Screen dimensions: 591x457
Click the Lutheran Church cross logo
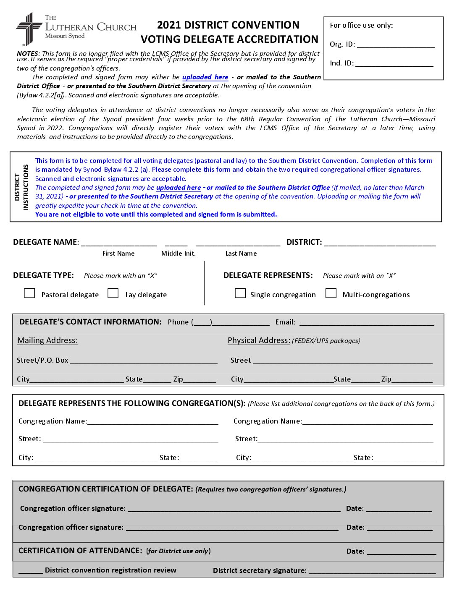[x=29, y=29]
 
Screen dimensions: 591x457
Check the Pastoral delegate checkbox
[x=29, y=293]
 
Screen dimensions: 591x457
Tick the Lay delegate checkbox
[x=113, y=293]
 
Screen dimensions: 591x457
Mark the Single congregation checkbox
[x=240, y=293]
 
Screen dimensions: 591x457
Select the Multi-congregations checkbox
[x=331, y=293]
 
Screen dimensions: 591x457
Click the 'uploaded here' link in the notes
[x=205, y=77]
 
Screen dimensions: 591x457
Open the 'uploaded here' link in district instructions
[x=179, y=188]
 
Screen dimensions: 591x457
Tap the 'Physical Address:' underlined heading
[x=259, y=340]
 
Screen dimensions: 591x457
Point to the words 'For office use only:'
[x=361, y=26]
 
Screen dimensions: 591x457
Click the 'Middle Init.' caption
[x=179, y=254]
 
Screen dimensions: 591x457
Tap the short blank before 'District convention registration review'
[x=31, y=572]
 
